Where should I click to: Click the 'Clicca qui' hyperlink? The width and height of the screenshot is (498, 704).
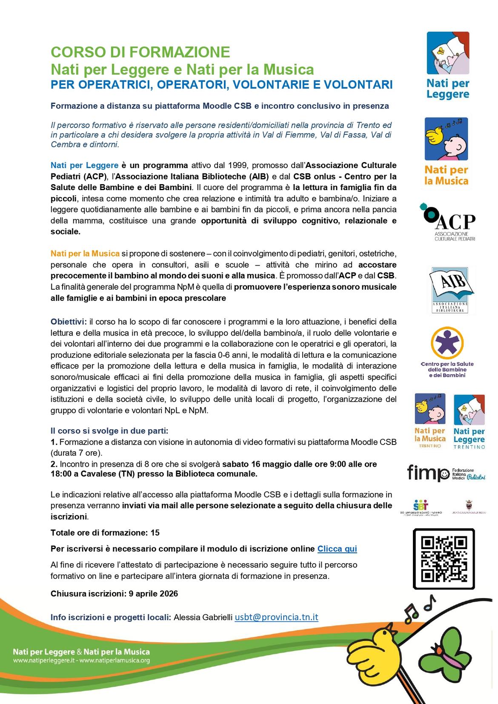coord(337,549)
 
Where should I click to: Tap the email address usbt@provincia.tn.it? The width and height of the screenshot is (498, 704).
coord(276,617)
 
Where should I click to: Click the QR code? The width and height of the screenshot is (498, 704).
coord(444,559)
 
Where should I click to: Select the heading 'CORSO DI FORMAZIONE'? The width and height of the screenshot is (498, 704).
coord(140,52)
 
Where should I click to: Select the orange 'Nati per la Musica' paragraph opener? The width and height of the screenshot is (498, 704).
coord(85,254)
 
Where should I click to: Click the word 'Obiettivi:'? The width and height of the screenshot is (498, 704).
coord(69,321)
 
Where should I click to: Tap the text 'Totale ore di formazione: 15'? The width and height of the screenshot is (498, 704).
coord(105,533)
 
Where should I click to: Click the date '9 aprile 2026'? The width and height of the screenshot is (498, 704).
coord(153,593)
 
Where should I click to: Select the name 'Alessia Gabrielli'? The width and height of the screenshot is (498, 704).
coord(203,617)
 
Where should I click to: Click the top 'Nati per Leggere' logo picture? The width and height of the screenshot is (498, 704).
coord(448,53)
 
